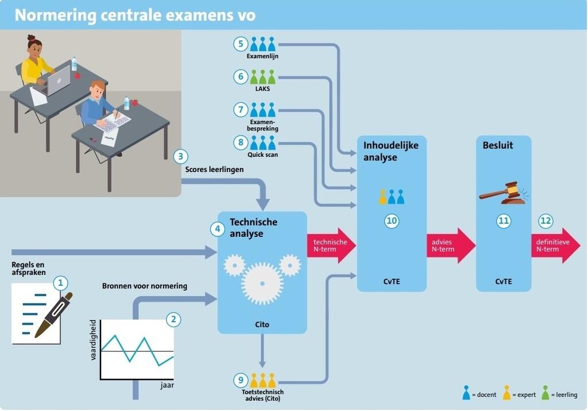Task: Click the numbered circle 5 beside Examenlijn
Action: [241, 44]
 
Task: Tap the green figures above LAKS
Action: [262, 77]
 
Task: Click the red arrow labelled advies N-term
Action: [451, 245]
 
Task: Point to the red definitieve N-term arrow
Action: [556, 245]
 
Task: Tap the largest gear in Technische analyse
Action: [262, 283]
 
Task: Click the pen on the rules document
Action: [53, 315]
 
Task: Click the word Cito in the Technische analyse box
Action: [262, 324]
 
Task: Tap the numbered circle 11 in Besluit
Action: [503, 221]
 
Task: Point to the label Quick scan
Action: [262, 155]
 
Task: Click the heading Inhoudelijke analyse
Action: [390, 151]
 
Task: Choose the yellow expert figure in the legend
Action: [506, 393]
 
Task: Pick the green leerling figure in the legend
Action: [546, 393]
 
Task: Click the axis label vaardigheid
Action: [94, 340]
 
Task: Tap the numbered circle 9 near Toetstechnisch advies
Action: [241, 380]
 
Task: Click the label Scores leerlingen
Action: [214, 170]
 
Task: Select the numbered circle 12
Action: [546, 221]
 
